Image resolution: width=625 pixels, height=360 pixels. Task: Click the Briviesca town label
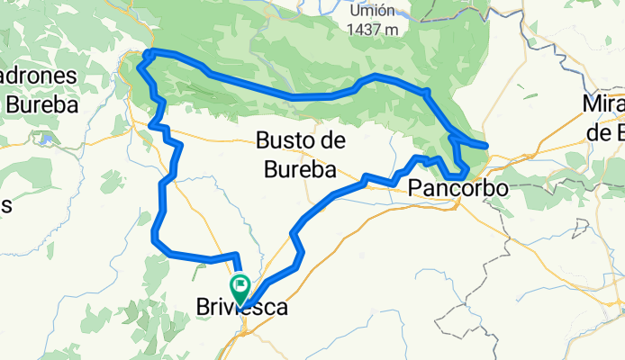[242, 308]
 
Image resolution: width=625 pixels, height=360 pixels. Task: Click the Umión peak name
[371, 12]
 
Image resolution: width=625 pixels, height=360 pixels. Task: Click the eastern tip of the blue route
[486, 144]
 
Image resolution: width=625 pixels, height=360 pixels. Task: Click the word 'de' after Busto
[334, 141]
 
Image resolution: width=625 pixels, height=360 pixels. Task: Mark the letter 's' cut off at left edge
[5, 205]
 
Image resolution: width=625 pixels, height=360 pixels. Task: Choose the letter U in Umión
[354, 12]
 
